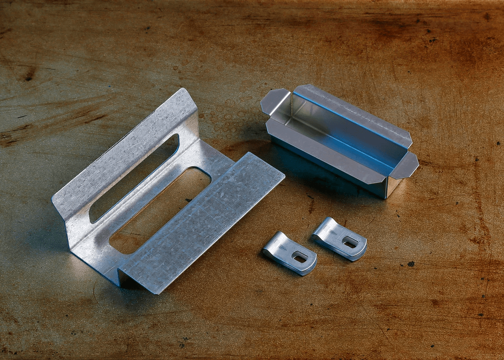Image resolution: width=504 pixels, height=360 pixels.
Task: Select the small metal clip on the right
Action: click(340, 239)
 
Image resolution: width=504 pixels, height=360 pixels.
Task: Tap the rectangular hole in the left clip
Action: click(300, 257)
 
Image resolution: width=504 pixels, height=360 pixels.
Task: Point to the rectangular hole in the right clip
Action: click(350, 243)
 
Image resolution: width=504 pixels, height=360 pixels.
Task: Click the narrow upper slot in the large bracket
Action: click(134, 177)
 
